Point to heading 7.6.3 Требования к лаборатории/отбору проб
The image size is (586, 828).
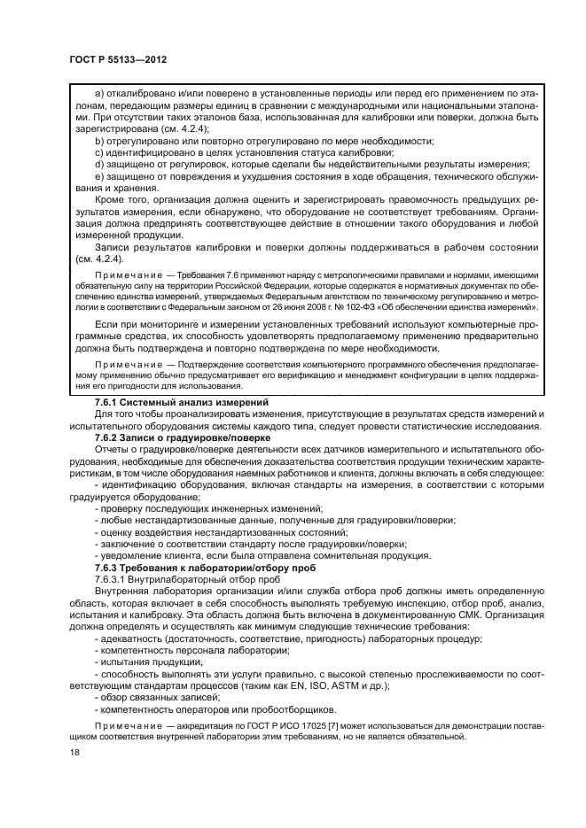tap(203, 567)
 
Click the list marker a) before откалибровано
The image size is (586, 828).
tap(98, 93)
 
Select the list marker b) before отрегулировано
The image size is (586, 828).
tap(98, 142)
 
